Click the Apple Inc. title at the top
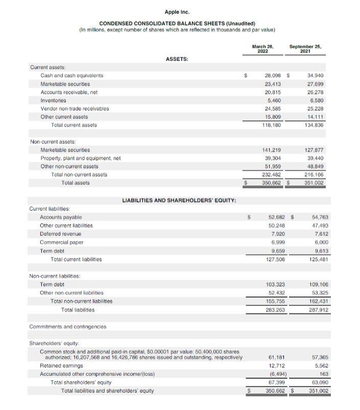[x=180, y=11]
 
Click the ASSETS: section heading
[x=177, y=59]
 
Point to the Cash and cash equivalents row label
[x=72, y=76]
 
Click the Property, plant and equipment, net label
[x=80, y=158]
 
